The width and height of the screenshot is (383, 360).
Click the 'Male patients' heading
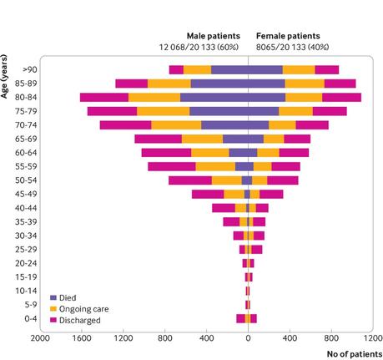[x=212, y=36]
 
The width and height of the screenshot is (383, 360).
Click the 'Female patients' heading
[x=289, y=36]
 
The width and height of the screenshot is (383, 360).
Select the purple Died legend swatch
[x=53, y=297]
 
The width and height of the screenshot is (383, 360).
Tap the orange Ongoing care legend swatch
[x=53, y=308]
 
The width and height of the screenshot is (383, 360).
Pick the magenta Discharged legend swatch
[x=53, y=319]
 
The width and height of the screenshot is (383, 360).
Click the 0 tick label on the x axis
[x=248, y=339]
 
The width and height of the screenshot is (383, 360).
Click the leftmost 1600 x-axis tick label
[x=81, y=339]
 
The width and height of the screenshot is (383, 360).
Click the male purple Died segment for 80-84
[x=214, y=97]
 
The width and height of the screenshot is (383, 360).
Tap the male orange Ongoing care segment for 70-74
[x=176, y=124]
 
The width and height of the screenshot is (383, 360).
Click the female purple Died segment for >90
[x=265, y=69]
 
